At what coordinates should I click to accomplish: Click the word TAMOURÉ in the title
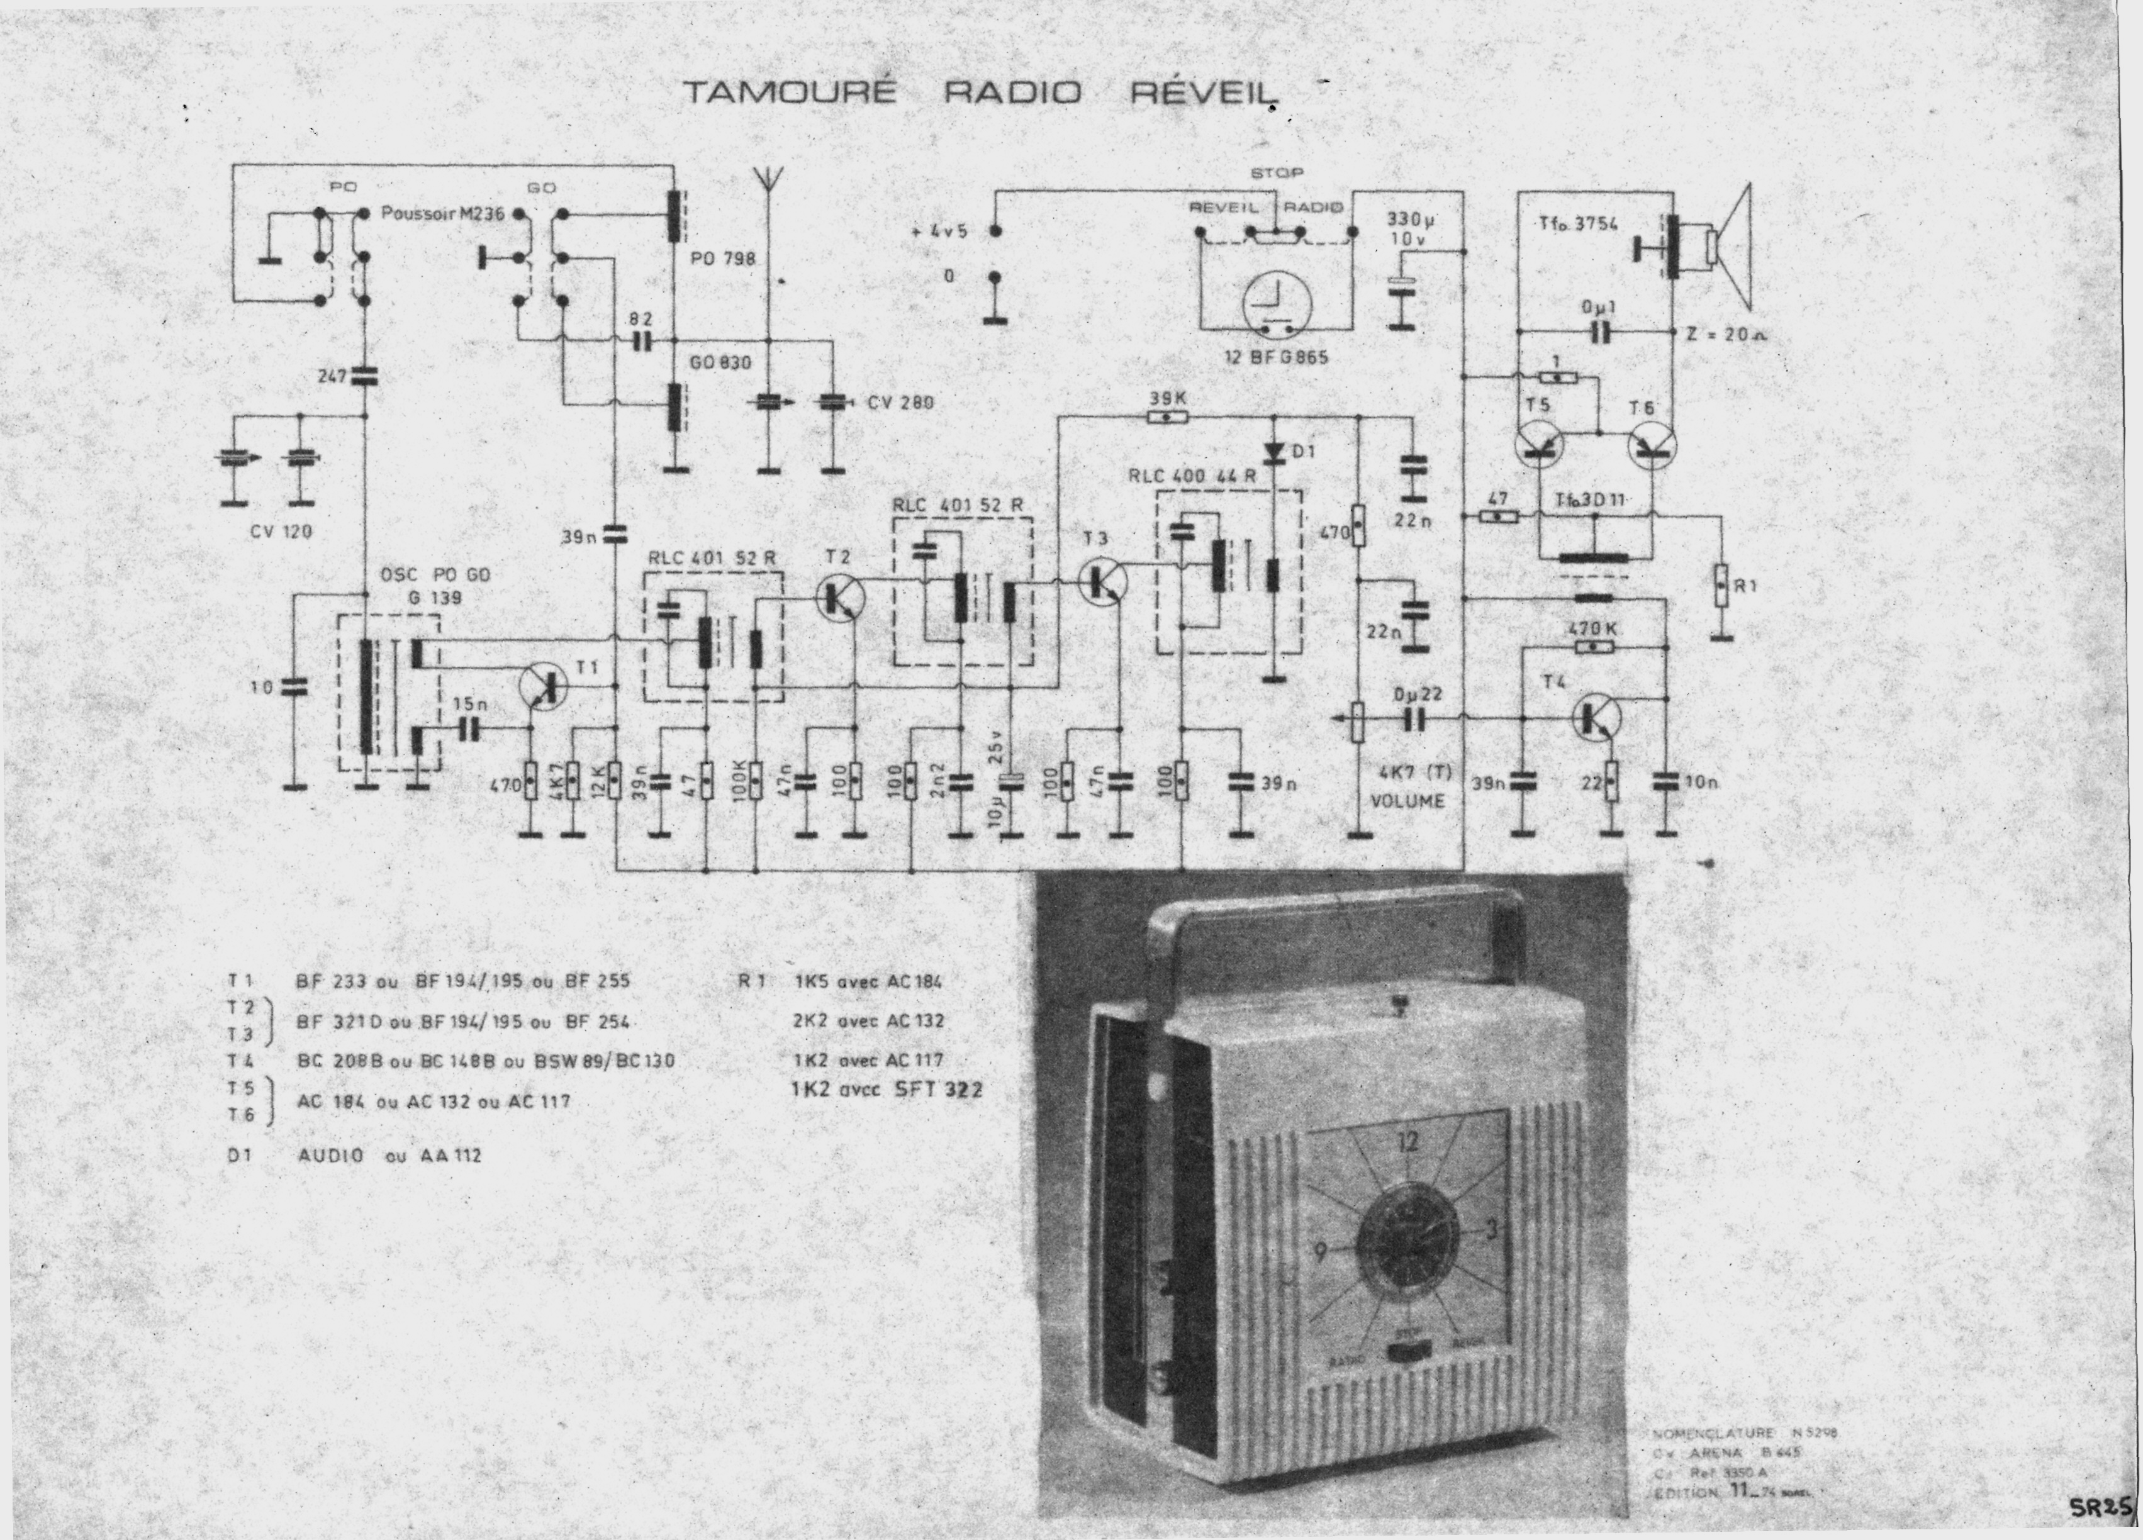tap(787, 92)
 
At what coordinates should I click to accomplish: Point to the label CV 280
tap(900, 403)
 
